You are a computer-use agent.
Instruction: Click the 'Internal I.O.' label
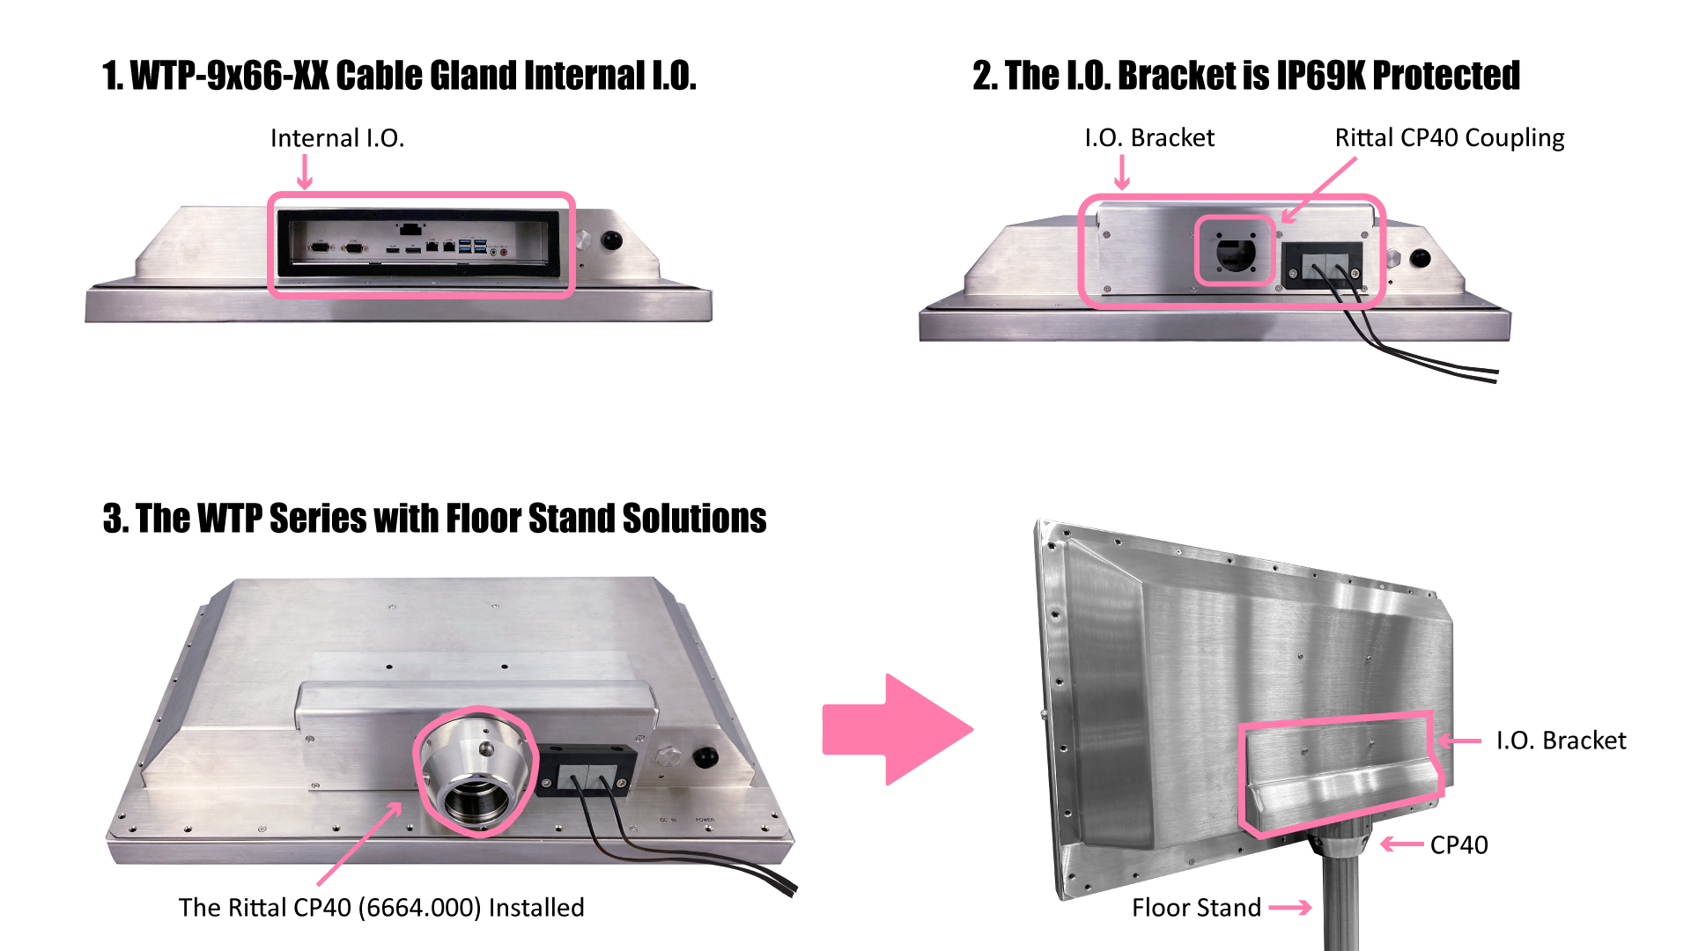[337, 138]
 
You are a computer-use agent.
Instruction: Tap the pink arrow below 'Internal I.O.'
[305, 172]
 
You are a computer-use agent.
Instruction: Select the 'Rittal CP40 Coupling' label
[1449, 138]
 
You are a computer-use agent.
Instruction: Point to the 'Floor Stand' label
[1196, 908]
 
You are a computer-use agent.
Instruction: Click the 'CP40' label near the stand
[1458, 845]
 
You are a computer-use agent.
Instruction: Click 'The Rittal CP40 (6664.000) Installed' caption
[381, 908]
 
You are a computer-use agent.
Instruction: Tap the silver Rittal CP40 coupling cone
[476, 770]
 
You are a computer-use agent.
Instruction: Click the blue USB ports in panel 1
[472, 246]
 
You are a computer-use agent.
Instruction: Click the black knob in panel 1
[611, 240]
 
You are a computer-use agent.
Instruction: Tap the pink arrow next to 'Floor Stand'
[1291, 908]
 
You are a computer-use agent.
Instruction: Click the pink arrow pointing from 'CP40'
[1402, 844]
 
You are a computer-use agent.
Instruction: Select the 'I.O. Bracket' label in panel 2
[1148, 138]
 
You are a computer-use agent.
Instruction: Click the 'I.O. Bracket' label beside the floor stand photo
[1561, 741]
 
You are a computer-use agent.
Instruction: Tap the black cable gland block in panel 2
[1321, 264]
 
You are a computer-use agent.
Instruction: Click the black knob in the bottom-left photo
[705, 756]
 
